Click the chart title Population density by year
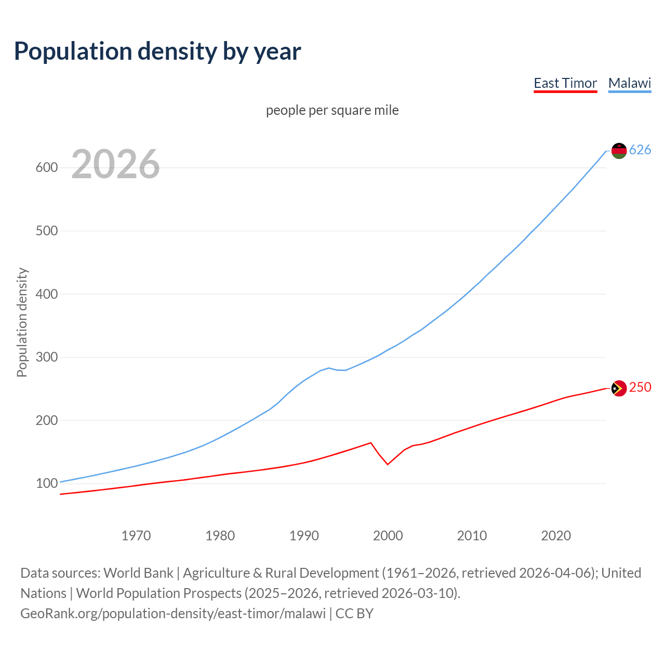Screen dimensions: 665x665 pyautogui.click(x=157, y=51)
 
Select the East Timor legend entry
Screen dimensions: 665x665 pyautogui.click(x=565, y=83)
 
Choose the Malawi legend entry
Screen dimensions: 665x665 pyautogui.click(x=630, y=83)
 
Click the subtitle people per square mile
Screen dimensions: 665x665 pyautogui.click(x=332, y=110)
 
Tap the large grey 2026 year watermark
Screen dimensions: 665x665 pyautogui.click(x=115, y=164)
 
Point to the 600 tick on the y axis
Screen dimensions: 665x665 pyautogui.click(x=46, y=167)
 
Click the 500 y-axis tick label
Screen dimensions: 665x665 pyautogui.click(x=46, y=231)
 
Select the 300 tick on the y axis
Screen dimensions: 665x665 pyautogui.click(x=46, y=357)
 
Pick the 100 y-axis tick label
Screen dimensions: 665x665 pyautogui.click(x=46, y=484)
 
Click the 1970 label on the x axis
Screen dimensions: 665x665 pyautogui.click(x=136, y=536)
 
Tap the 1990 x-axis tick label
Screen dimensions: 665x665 pyautogui.click(x=304, y=536)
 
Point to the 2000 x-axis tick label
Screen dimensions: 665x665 pyautogui.click(x=388, y=536)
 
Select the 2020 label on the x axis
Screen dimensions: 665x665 pyautogui.click(x=556, y=536)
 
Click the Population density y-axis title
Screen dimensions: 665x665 pyautogui.click(x=22, y=322)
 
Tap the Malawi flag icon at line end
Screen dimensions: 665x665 pyautogui.click(x=619, y=151)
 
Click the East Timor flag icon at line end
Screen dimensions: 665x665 pyautogui.click(x=619, y=388)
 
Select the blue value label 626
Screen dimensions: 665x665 pyautogui.click(x=640, y=150)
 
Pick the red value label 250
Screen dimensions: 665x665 pyautogui.click(x=640, y=388)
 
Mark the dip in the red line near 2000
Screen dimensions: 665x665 pyautogui.click(x=388, y=464)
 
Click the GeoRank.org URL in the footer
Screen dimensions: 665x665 pyautogui.click(x=173, y=614)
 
